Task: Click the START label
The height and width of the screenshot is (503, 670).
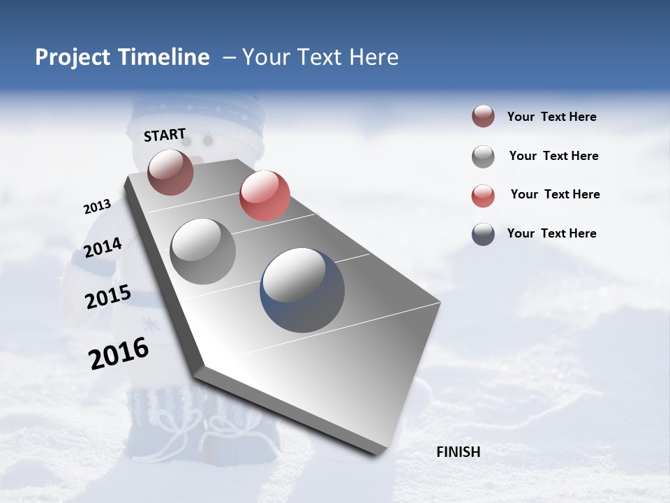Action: [x=165, y=135]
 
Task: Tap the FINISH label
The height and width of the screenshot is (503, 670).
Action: [x=458, y=452]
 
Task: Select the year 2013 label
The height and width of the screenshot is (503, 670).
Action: [x=97, y=207]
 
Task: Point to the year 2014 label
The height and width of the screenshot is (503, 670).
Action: [x=103, y=247]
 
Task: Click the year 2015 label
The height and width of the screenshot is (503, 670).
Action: [x=107, y=297]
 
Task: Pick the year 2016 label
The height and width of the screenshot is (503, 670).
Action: [x=119, y=353]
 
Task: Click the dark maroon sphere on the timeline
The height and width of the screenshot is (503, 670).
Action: [x=170, y=172]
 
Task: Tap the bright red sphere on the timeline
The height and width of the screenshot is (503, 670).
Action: [x=265, y=196]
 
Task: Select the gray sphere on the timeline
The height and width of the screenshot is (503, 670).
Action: [x=203, y=251]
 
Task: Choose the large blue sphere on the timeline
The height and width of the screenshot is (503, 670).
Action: [x=302, y=290]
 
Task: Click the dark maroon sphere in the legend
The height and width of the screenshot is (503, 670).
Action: [x=483, y=117]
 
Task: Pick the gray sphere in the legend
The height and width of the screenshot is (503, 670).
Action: [x=483, y=156]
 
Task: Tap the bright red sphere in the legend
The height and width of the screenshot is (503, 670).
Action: [x=483, y=196]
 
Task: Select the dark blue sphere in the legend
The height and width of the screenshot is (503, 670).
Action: [x=483, y=234]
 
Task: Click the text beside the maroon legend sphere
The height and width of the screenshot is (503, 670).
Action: [x=551, y=117]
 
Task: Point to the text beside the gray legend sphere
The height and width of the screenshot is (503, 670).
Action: [x=553, y=156]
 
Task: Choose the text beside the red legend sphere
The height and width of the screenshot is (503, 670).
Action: [x=555, y=194]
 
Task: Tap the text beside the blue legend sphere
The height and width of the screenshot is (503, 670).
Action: [x=551, y=233]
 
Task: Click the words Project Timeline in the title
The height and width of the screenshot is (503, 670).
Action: [x=122, y=57]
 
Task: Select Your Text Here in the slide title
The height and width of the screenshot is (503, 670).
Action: [x=320, y=57]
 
